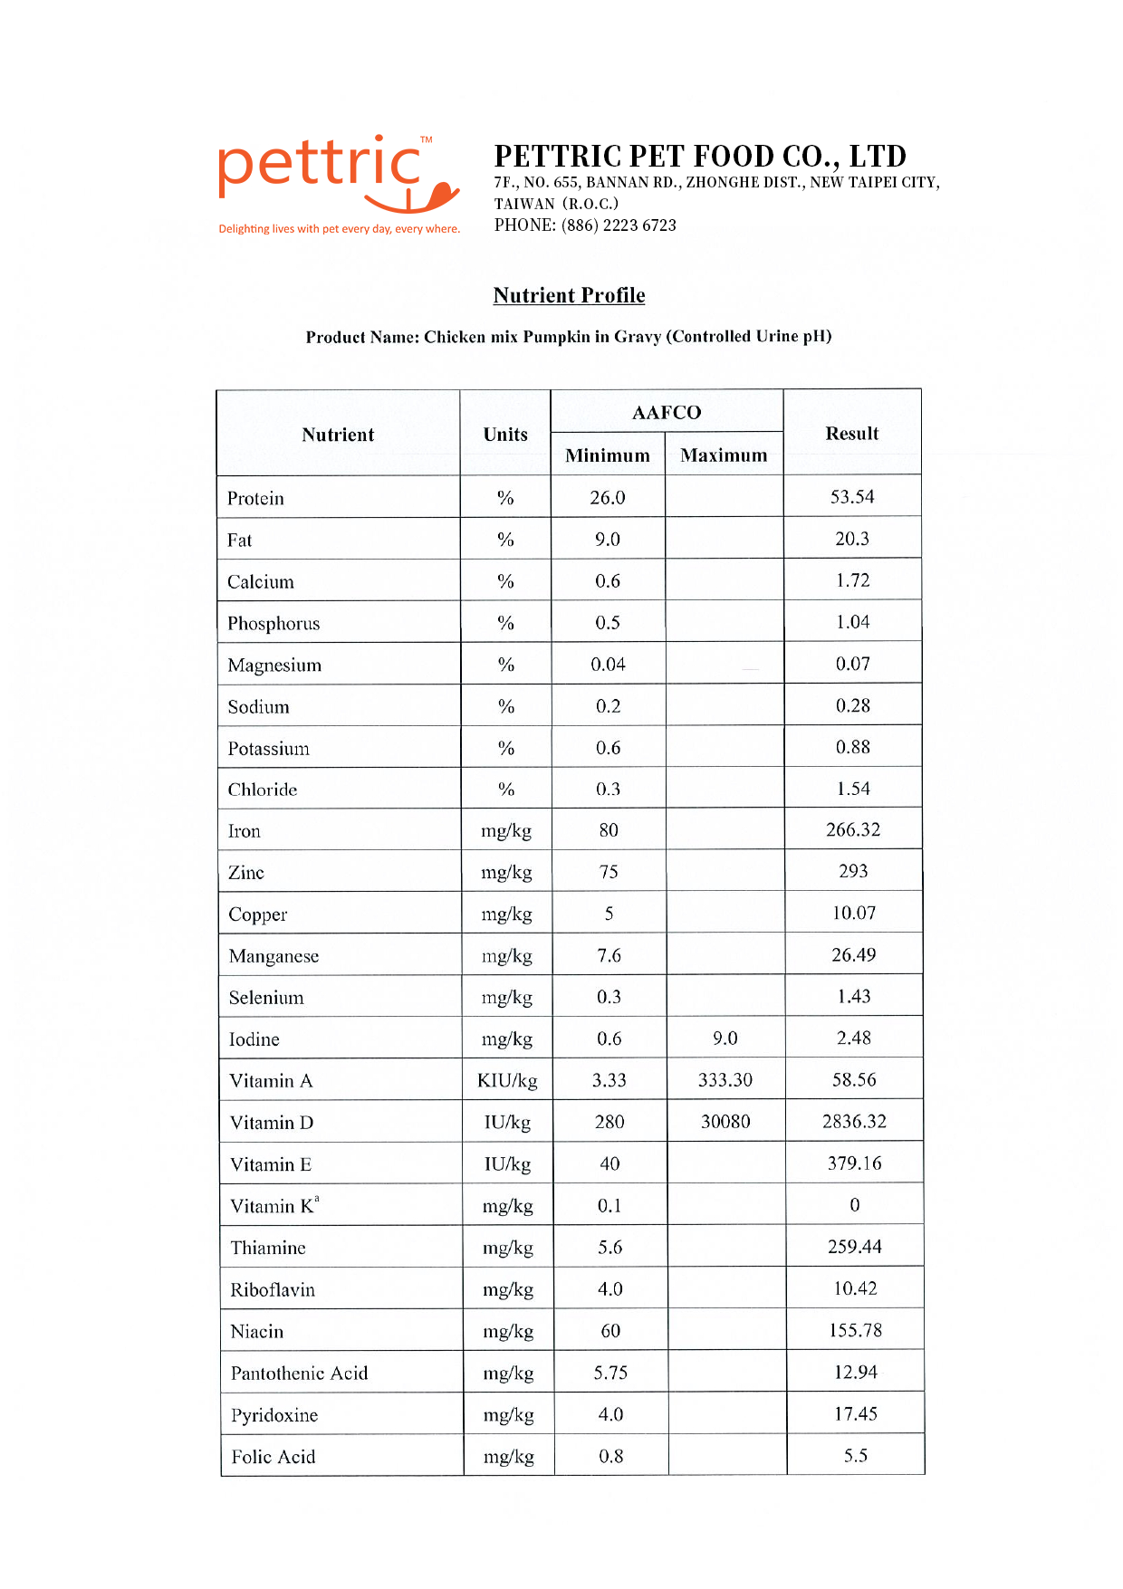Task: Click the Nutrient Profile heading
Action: tap(569, 295)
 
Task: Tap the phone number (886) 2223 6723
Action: tap(619, 225)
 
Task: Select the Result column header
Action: tap(851, 434)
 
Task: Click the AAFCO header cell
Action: tap(667, 413)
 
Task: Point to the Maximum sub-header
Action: tap(724, 455)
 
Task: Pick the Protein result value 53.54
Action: tap(852, 497)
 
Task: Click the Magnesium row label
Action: tap(274, 665)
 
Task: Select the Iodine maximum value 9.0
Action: tap(725, 1039)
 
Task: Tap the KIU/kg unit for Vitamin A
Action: tap(507, 1081)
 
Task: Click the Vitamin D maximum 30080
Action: tap(725, 1122)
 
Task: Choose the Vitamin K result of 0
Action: tap(854, 1205)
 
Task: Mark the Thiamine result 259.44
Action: tap(854, 1247)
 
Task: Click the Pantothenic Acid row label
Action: tap(299, 1374)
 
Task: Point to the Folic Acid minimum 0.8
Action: tap(611, 1457)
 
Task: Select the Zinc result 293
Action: tap(853, 872)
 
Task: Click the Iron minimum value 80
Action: tap(609, 830)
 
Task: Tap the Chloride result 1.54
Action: tap(853, 789)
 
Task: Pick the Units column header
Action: tap(505, 435)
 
